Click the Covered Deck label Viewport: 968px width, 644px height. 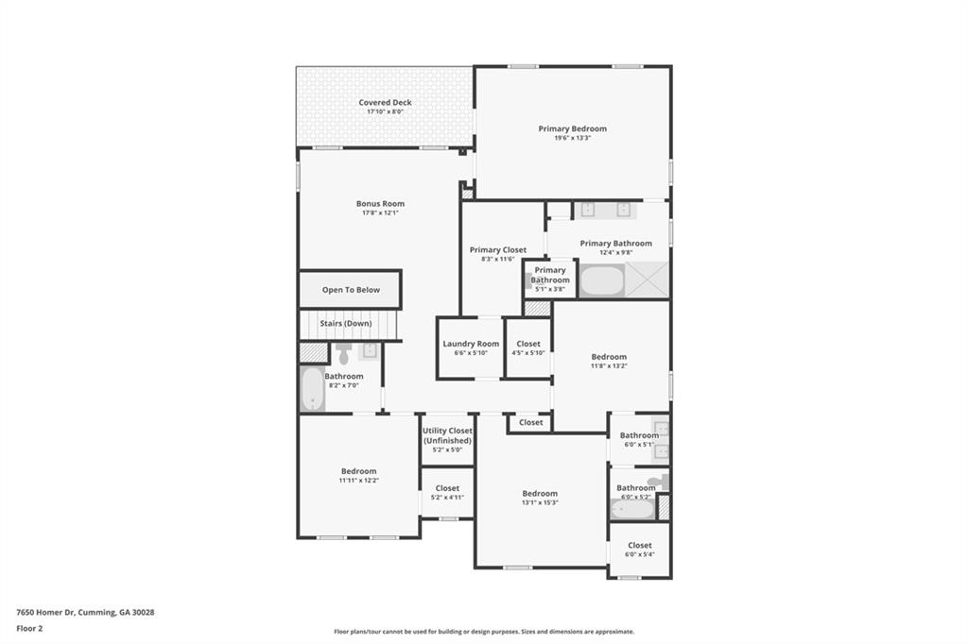(x=385, y=103)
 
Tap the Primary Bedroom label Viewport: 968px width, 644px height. (x=572, y=128)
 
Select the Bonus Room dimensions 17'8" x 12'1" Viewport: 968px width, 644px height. (x=380, y=213)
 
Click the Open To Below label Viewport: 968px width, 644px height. (x=351, y=290)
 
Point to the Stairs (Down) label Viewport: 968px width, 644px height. (x=345, y=323)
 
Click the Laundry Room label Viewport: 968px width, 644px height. (x=471, y=344)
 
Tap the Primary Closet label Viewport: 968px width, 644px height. (x=498, y=250)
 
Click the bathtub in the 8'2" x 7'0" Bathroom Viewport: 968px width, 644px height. (x=313, y=389)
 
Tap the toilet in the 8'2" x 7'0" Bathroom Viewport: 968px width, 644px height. (x=343, y=354)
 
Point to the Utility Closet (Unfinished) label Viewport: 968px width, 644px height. (x=447, y=435)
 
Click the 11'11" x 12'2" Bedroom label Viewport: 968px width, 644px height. (x=358, y=471)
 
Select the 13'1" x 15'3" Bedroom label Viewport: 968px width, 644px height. (x=540, y=493)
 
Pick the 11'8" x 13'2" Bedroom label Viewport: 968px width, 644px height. (x=609, y=357)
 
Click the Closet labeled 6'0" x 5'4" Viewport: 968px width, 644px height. (x=639, y=545)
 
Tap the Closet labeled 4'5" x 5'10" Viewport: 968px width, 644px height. (x=528, y=344)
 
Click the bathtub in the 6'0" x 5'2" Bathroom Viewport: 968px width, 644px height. (x=631, y=508)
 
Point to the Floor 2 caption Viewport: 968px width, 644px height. (x=29, y=628)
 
